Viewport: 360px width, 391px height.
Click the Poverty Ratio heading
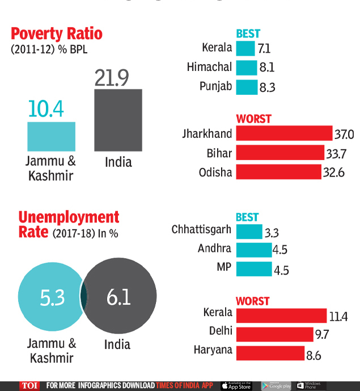57,33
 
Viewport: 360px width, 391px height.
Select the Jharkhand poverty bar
283,133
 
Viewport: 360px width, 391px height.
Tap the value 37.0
344,134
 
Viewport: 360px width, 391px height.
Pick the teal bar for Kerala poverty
245,48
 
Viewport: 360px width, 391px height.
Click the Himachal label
209,67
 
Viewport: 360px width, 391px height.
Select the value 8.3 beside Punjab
266,87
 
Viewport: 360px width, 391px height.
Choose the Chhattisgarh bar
249,232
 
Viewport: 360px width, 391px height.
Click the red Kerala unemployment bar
281,316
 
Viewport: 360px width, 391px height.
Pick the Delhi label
219,331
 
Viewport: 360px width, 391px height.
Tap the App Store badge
237,386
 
